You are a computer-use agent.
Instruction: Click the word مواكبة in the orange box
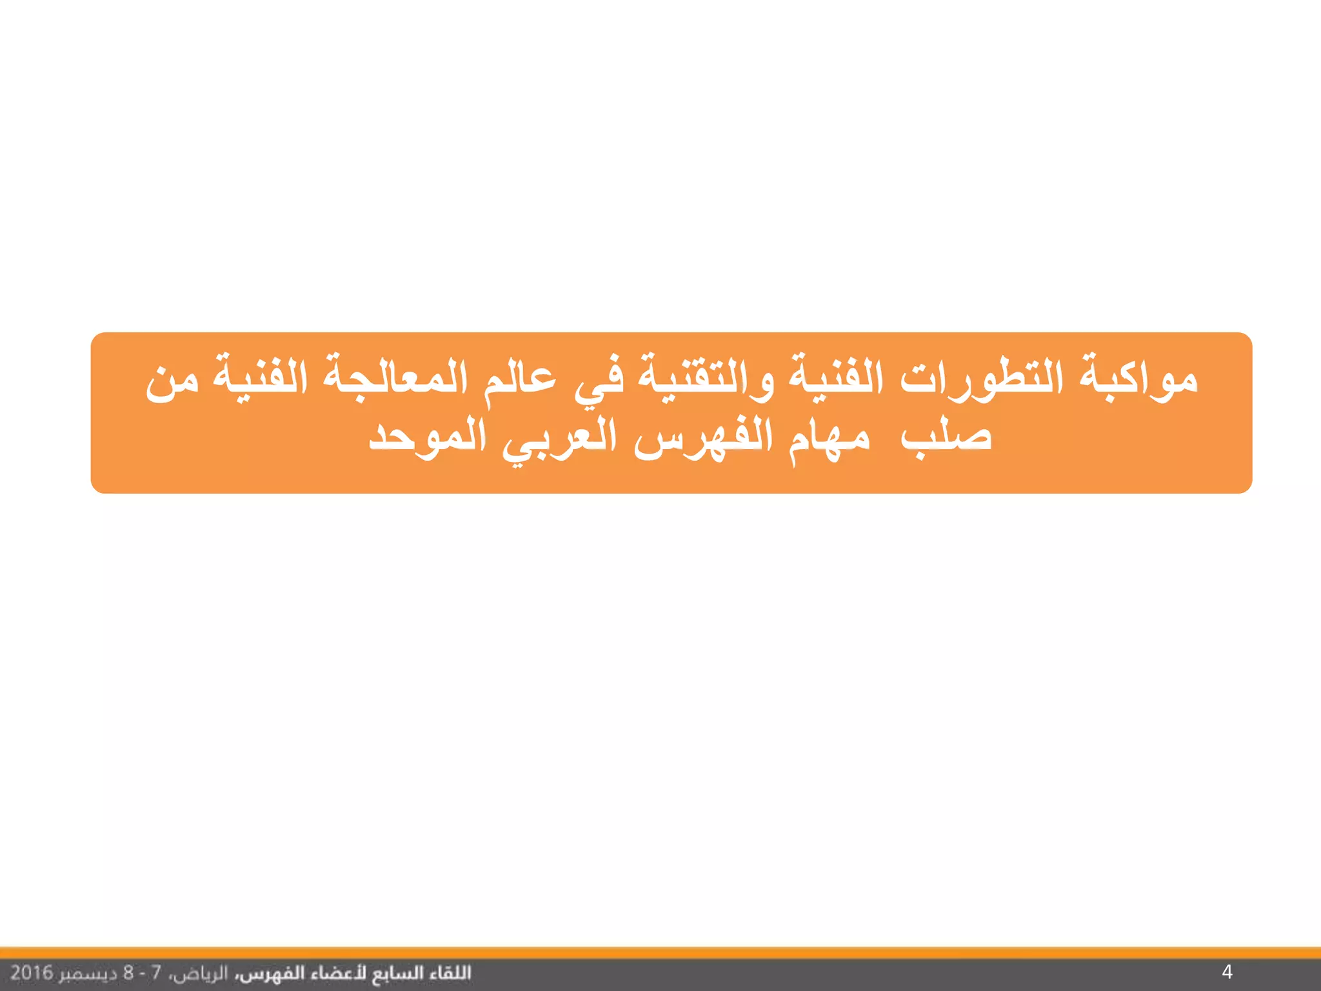tap(1139, 377)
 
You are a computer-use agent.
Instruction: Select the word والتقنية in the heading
tap(706, 377)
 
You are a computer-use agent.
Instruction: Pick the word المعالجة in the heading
tap(395, 377)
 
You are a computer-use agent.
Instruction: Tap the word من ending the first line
tap(172, 381)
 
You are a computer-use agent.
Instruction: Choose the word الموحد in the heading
tap(427, 437)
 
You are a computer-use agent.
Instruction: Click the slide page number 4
tap(1227, 972)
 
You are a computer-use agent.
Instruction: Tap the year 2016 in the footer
tap(32, 972)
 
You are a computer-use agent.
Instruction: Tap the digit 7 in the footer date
tap(155, 972)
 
